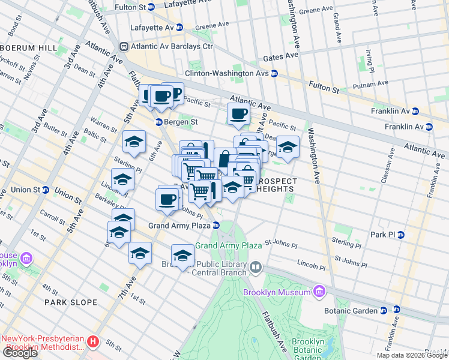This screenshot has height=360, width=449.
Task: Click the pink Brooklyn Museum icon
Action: tap(319, 292)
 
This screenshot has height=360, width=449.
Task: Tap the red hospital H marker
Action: tap(92, 342)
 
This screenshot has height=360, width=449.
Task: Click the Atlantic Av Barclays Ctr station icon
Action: tap(124, 46)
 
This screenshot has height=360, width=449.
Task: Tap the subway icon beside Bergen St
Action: tap(159, 122)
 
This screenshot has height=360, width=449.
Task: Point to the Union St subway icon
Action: tap(45, 190)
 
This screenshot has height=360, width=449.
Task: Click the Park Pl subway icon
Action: tap(400, 235)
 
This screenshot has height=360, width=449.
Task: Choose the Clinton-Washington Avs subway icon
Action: tap(274, 74)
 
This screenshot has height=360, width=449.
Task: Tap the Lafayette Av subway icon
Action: tap(179, 28)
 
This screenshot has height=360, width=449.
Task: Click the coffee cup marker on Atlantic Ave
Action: tap(238, 114)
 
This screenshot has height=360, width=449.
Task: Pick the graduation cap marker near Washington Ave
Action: tap(288, 148)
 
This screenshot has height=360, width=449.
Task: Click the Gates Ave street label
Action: tap(281, 56)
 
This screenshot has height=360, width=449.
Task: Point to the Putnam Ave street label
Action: tap(359, 86)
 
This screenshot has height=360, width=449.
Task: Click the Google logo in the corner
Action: tap(20, 353)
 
